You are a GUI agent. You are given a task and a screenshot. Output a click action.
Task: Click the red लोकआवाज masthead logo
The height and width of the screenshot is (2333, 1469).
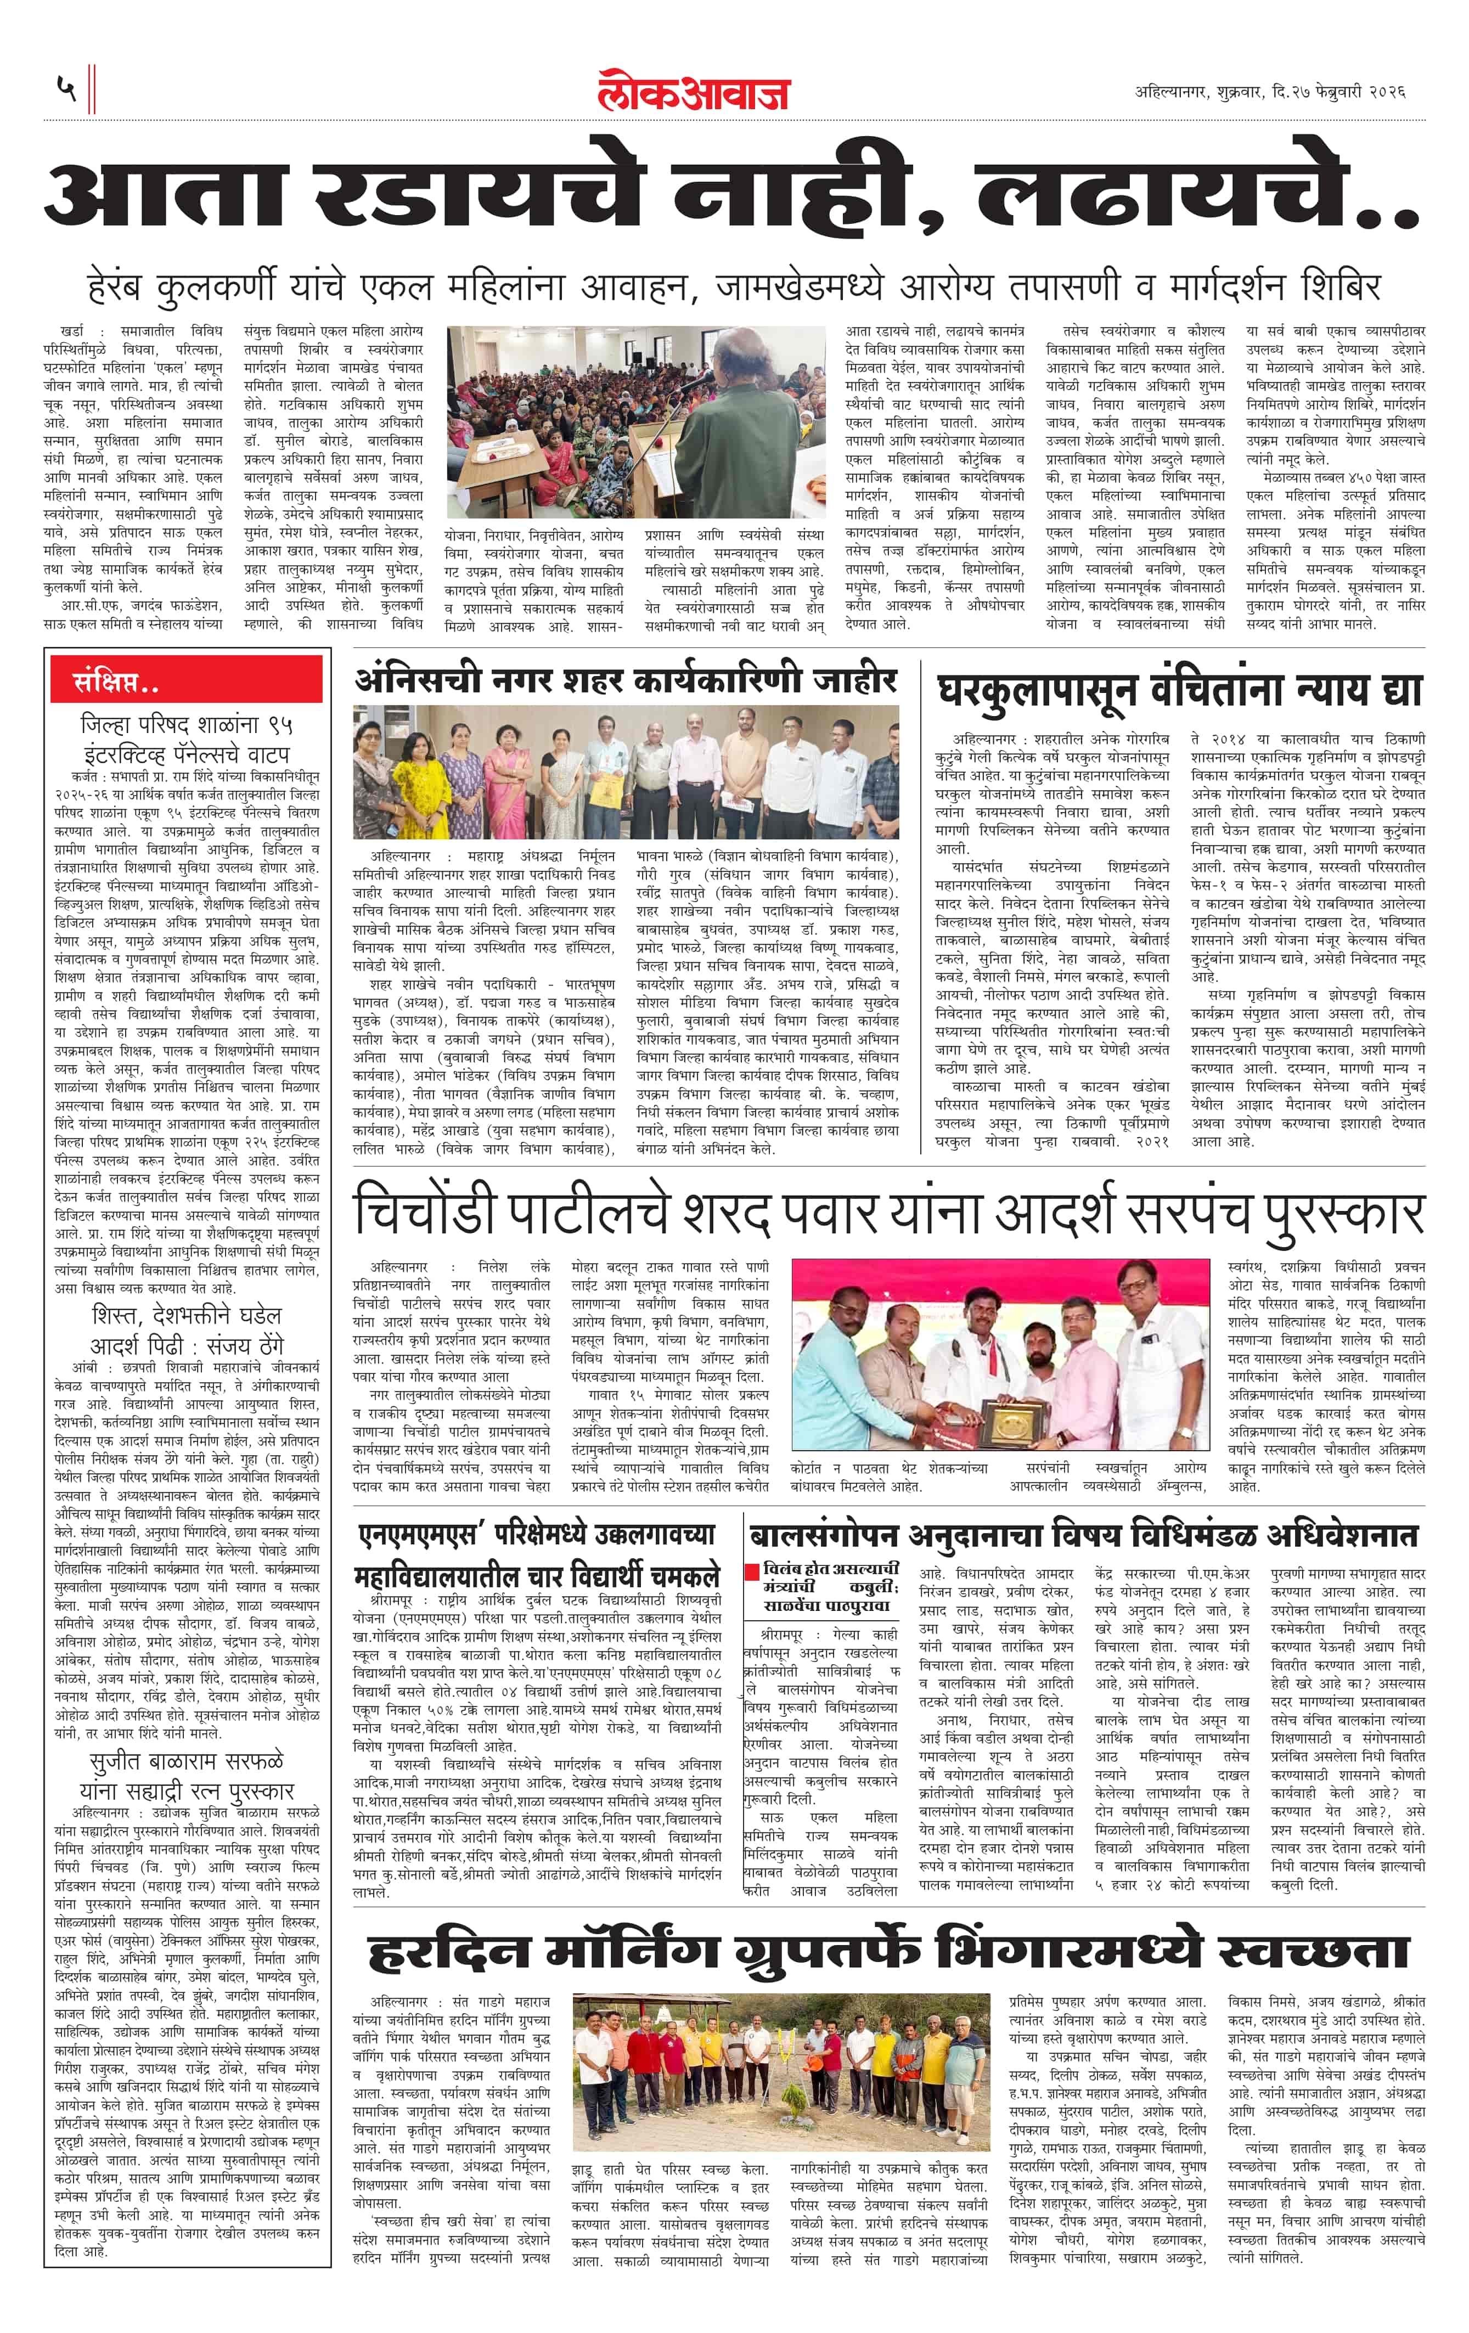click(694, 92)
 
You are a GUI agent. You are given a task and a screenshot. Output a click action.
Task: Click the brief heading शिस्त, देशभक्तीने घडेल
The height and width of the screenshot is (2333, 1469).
click(187, 1316)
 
